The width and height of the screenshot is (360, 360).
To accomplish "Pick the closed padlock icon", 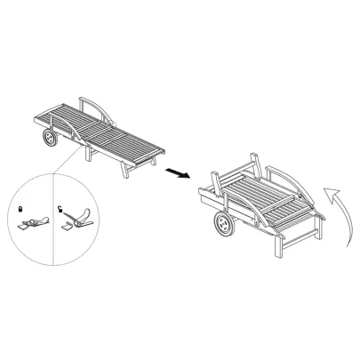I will tap(20, 208).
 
